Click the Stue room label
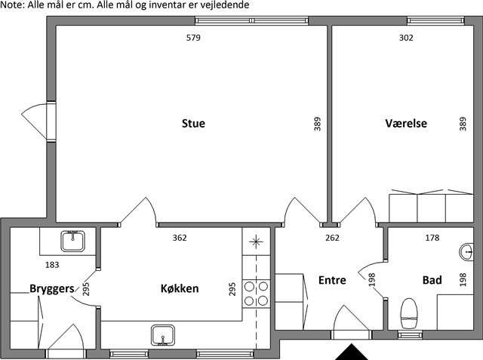193,123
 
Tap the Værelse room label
406,123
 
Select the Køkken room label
180,288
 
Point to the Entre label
332,280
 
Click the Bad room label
432,280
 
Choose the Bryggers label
52,288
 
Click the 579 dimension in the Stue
193,38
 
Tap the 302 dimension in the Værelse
406,38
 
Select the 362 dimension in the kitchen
180,238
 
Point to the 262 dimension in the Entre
332,238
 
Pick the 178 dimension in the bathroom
432,238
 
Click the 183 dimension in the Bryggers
52,265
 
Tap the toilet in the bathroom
409,313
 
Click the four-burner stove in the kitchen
256,294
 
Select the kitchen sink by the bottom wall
163,335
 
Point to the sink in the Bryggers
72,241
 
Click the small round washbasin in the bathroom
466,252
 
